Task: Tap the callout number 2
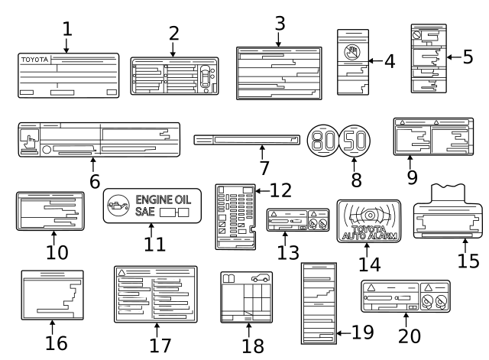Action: tap(173, 33)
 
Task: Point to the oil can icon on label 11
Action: tap(118, 205)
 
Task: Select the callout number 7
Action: tap(264, 167)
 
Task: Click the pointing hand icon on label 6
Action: tap(30, 140)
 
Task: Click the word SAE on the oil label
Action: tap(145, 212)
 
